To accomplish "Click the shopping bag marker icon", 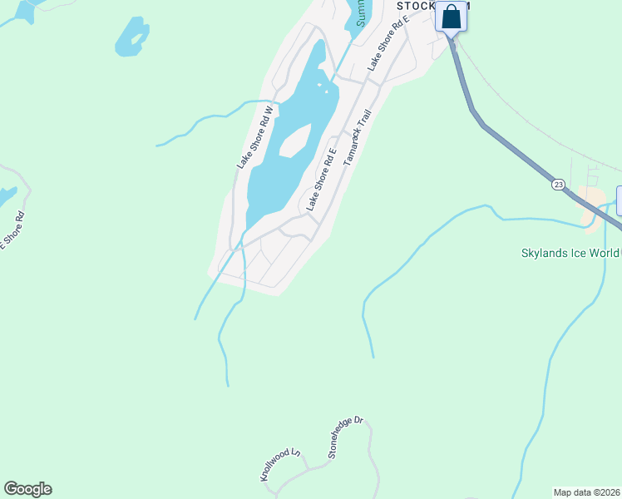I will point(451,17).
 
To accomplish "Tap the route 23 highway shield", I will point(558,184).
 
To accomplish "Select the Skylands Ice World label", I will point(570,254).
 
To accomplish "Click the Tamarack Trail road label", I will point(356,135).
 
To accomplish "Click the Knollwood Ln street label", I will point(279,466).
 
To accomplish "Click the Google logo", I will point(27,489).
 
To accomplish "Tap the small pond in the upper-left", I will point(132,37).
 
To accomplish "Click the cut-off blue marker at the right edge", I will point(619,200).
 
